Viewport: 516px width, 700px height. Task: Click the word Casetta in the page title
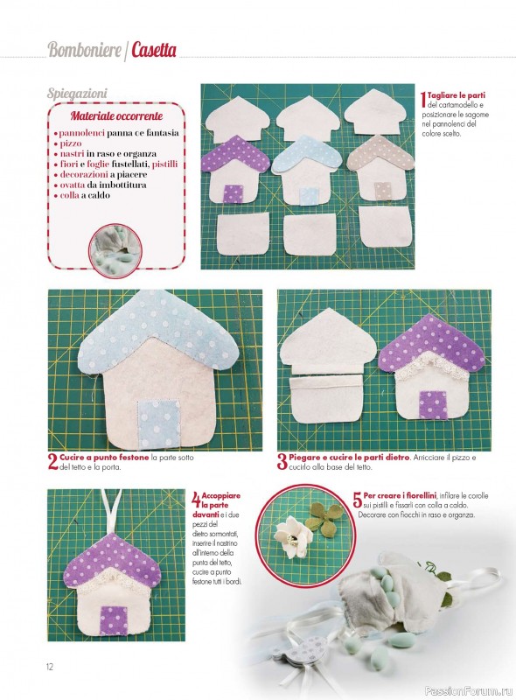(x=154, y=50)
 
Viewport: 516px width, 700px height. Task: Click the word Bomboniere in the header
(x=84, y=50)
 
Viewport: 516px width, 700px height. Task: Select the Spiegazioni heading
(x=77, y=94)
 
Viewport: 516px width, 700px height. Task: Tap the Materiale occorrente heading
(x=116, y=116)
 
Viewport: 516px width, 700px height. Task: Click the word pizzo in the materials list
(x=71, y=143)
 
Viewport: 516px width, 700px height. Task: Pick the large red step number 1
(x=423, y=99)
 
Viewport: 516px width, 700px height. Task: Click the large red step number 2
(x=53, y=462)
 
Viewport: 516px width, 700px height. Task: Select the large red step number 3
(x=282, y=462)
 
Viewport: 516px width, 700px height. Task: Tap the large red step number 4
(x=196, y=500)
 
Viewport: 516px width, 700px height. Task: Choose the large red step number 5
(x=358, y=500)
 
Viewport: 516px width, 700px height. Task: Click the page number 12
(x=50, y=667)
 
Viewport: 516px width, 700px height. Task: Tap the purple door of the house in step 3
(x=433, y=405)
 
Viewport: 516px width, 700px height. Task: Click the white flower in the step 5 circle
(x=289, y=536)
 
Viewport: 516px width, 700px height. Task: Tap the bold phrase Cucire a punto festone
(x=104, y=458)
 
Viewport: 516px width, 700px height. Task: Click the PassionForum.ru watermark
(x=468, y=690)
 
